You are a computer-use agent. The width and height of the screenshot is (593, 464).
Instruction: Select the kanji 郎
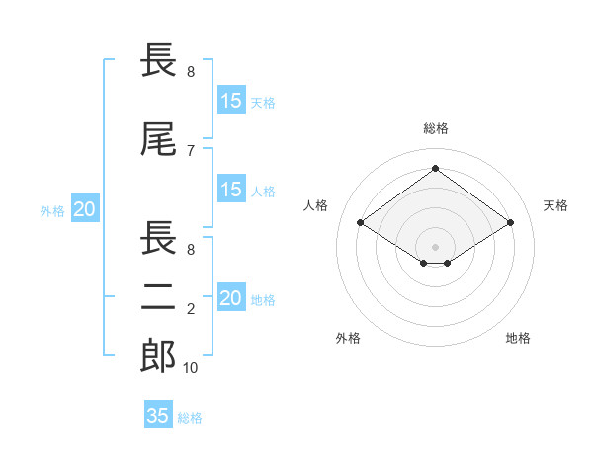[x=159, y=356]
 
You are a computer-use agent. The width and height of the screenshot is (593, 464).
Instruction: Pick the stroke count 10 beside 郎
[x=191, y=368]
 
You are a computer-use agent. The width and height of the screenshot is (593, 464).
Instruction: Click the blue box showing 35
[x=158, y=415]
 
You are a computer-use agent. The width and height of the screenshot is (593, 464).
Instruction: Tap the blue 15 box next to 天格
[x=231, y=100]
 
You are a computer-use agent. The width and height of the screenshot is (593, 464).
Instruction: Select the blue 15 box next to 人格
[x=231, y=190]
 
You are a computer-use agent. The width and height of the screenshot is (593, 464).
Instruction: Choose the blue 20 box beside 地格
[x=231, y=298]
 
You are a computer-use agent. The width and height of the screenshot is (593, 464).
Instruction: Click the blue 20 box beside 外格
[x=85, y=208]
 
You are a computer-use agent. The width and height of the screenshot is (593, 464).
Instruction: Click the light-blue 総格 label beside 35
[x=190, y=417]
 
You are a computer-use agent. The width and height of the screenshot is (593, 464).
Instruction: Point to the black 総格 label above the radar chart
[x=435, y=128]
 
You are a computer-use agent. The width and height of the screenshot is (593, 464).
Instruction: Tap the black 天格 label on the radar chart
[x=555, y=205]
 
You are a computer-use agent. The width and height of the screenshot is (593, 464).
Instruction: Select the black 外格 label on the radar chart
[x=348, y=338]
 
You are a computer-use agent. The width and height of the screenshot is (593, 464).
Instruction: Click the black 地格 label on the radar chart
[x=518, y=338]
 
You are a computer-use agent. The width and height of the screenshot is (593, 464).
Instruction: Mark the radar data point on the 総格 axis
[x=435, y=169]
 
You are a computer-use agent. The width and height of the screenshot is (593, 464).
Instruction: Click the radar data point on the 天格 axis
[x=510, y=223]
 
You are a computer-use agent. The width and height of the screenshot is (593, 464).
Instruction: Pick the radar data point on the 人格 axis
[x=360, y=223]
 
